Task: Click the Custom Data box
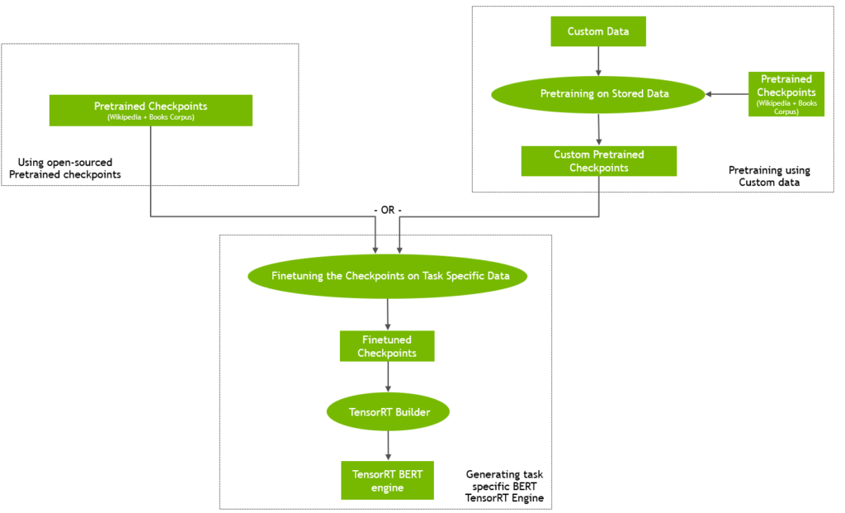pyautogui.click(x=598, y=31)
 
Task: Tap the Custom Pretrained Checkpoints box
pyautogui.click(x=599, y=161)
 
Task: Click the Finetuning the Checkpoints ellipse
pyautogui.click(x=387, y=275)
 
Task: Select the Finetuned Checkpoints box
pyautogui.click(x=387, y=346)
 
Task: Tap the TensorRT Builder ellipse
pyautogui.click(x=387, y=411)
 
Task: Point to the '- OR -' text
pyautogui.click(x=387, y=210)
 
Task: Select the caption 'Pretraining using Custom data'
pyautogui.click(x=769, y=176)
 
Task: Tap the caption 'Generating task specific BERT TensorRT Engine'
pyautogui.click(x=504, y=487)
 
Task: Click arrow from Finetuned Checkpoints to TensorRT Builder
pyautogui.click(x=388, y=377)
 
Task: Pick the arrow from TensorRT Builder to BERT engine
pyautogui.click(x=388, y=445)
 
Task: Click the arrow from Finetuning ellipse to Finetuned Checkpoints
pyautogui.click(x=388, y=314)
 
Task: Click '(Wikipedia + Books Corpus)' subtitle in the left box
pyautogui.click(x=150, y=117)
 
